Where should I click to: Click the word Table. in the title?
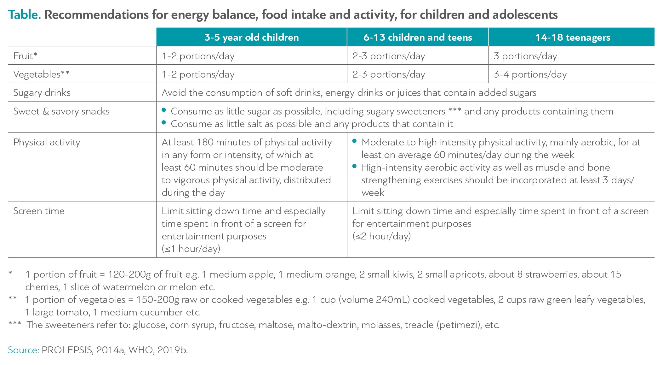point(24,15)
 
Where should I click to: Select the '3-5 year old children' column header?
point(251,37)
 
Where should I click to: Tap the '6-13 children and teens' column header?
point(418,37)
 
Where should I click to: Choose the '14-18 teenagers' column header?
point(573,37)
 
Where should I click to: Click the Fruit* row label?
point(25,56)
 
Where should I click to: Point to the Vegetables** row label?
point(41,74)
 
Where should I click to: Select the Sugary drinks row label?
point(42,92)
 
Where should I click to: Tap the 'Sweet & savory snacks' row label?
point(61,111)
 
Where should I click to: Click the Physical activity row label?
point(47,142)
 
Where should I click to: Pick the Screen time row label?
point(39,211)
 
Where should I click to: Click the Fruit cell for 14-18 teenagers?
point(525,56)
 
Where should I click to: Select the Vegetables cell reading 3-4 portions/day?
point(530,74)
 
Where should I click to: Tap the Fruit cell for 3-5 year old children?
point(198,56)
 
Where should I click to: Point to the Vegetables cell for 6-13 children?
point(389,74)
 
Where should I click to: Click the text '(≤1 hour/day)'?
point(191,249)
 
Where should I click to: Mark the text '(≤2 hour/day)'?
point(381,236)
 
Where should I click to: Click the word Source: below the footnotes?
point(24,350)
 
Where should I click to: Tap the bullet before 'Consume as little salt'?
point(164,122)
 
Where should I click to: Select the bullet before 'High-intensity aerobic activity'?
point(355,166)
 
